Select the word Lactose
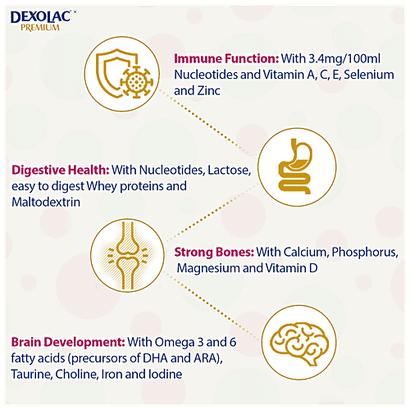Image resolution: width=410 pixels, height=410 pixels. pos(230,170)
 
